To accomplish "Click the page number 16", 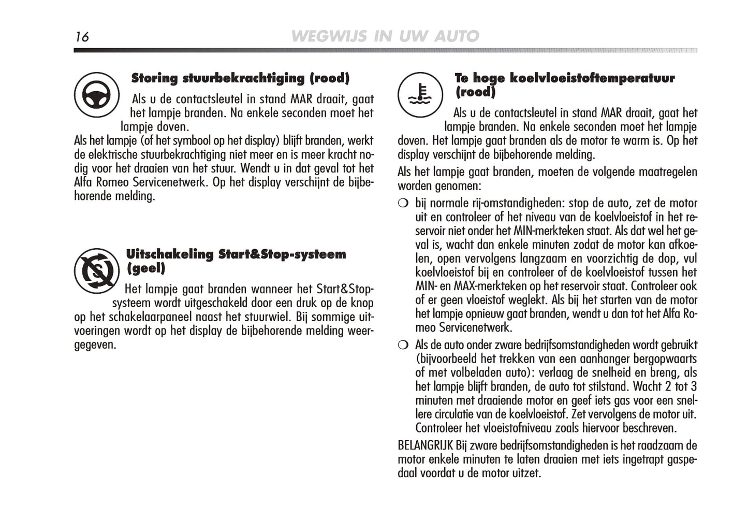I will click(x=82, y=37).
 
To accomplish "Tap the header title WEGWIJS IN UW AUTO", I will click(x=385, y=36).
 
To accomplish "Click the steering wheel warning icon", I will click(x=97, y=95).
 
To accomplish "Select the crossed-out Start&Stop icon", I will click(x=97, y=270).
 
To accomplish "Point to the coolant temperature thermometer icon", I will click(x=420, y=95).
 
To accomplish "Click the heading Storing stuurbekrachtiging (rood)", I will click(x=240, y=78).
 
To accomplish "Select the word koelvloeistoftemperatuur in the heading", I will click(x=592, y=78).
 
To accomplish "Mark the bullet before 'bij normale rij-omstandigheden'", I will click(x=403, y=203).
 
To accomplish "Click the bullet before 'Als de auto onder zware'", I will click(x=403, y=345).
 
